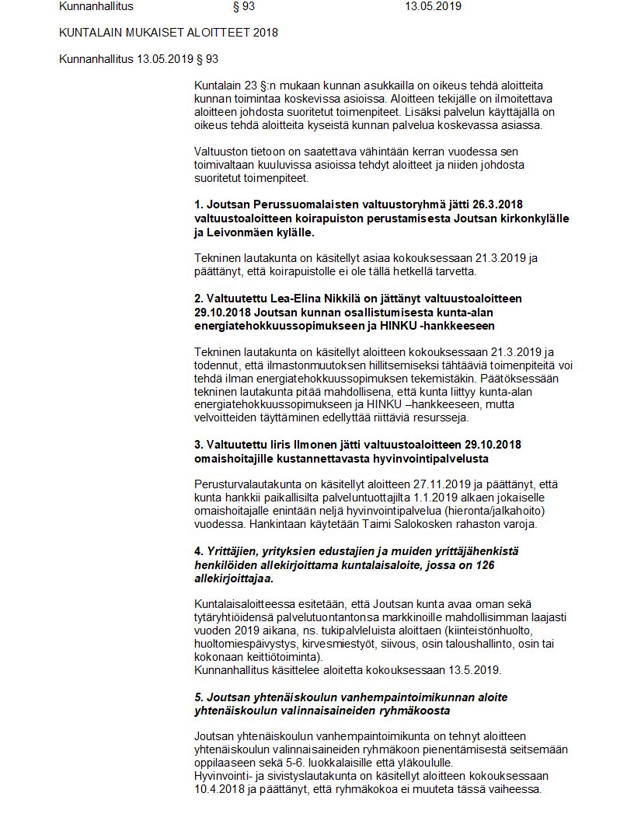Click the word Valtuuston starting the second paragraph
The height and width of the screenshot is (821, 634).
pos(222,151)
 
